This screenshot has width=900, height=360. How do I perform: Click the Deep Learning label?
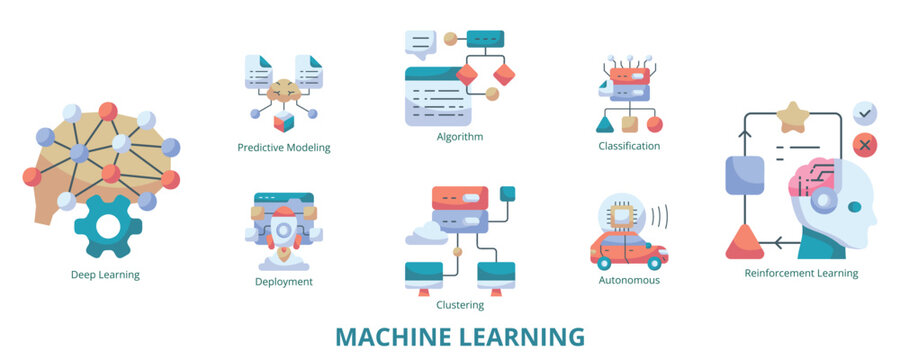(105, 275)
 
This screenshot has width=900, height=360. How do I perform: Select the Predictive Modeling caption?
(284, 147)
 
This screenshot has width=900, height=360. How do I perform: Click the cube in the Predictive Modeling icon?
(284, 121)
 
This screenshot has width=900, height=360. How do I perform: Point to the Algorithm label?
(460, 136)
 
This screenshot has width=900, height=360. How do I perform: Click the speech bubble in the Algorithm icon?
(421, 44)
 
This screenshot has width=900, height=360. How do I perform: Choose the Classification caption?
(629, 146)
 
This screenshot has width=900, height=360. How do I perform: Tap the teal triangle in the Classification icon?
(604, 124)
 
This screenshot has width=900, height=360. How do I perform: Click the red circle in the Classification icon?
(654, 124)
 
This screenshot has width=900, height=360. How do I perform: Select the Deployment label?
(284, 282)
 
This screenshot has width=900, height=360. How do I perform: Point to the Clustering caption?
(460, 305)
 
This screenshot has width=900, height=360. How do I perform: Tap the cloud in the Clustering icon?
(424, 235)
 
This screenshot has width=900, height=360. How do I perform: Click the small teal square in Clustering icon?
(507, 193)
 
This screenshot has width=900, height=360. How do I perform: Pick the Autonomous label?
(629, 281)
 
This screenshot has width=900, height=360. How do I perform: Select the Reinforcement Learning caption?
(801, 273)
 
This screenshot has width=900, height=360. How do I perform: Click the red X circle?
(865, 146)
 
